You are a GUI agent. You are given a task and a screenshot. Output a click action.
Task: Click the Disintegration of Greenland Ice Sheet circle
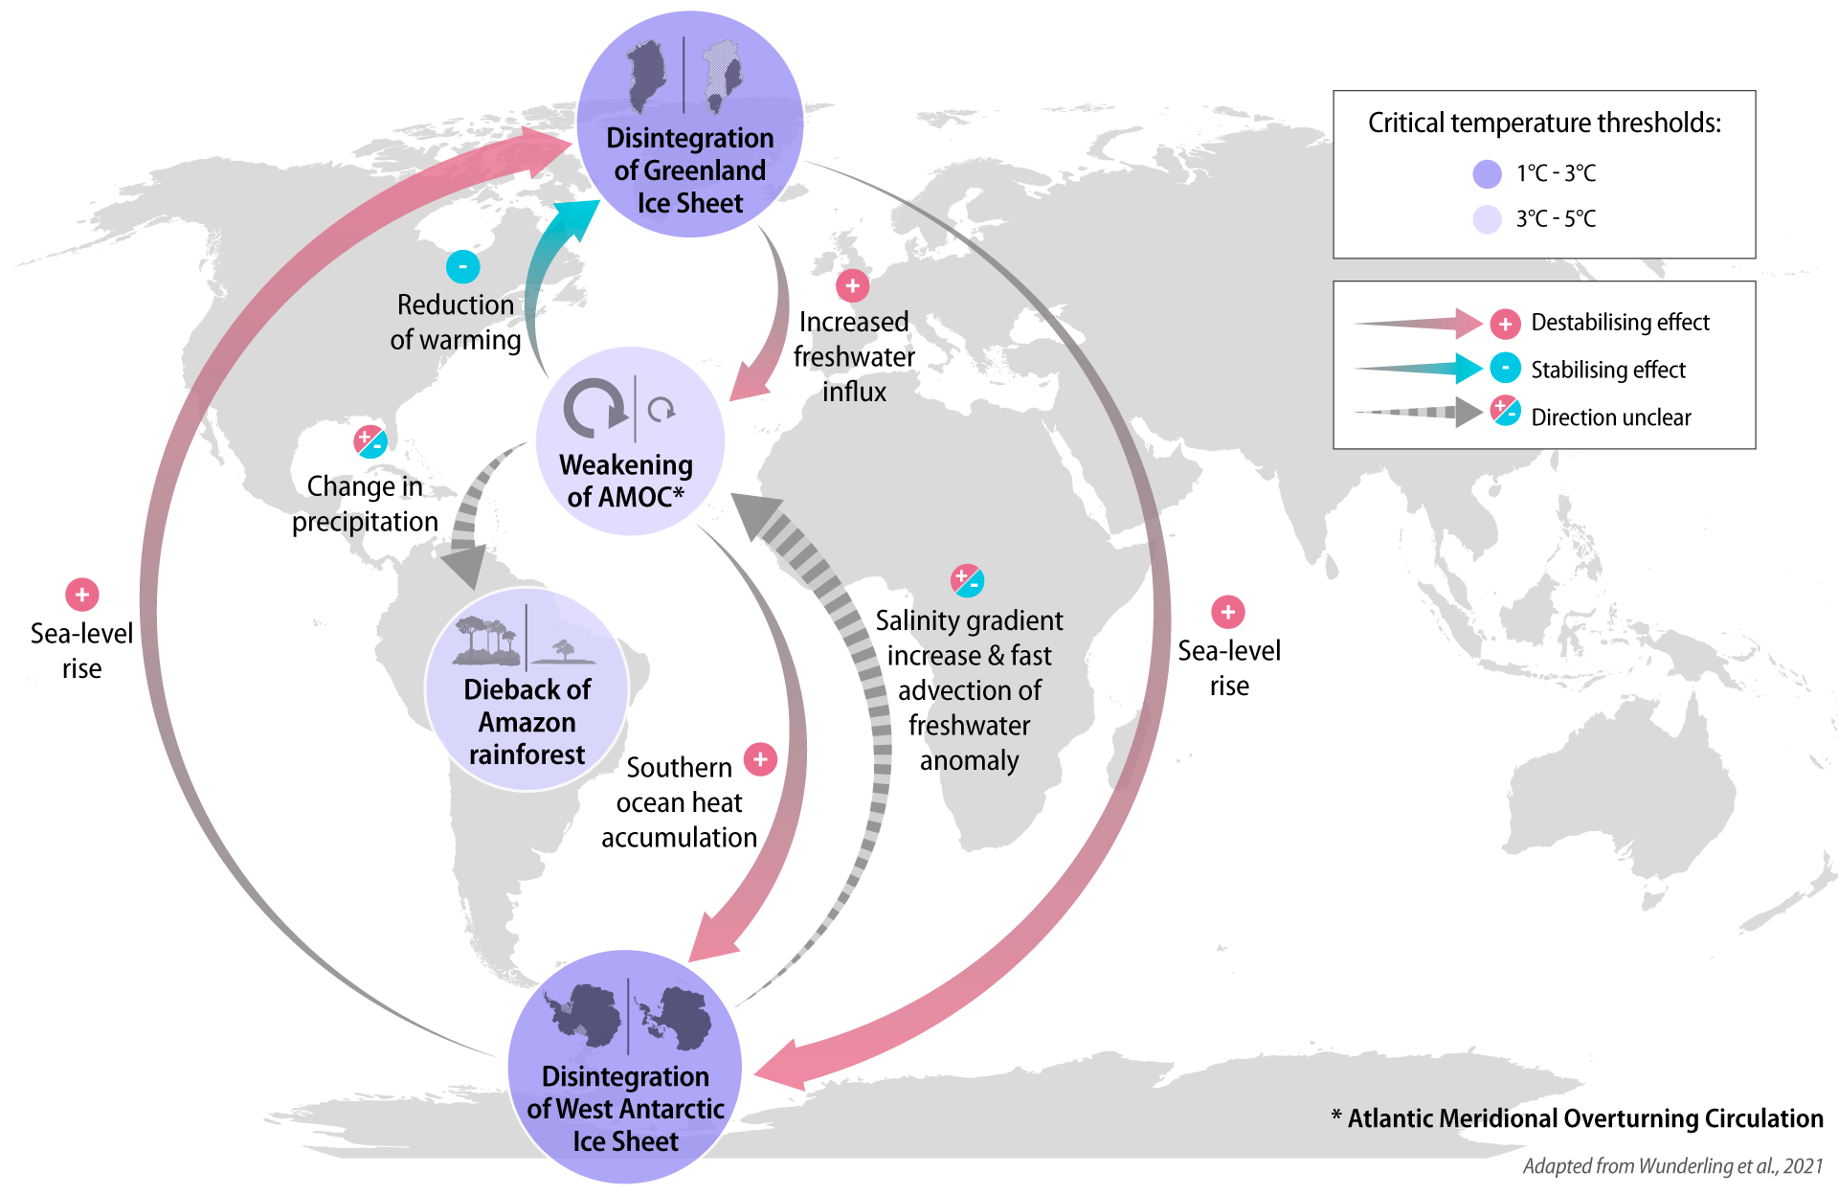point(689,124)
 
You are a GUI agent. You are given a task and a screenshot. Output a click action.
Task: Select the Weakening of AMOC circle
point(629,441)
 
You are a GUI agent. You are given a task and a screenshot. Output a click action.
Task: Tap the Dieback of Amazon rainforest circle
point(527,689)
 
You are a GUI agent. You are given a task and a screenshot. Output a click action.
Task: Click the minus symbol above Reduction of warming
point(462,266)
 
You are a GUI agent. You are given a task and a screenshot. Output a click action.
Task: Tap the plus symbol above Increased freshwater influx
point(852,285)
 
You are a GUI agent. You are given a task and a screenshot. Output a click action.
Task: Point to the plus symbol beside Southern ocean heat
point(760,759)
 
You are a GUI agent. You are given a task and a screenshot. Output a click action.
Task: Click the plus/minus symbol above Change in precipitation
point(370,441)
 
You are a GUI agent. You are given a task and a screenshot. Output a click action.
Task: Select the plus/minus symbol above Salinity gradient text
point(967,580)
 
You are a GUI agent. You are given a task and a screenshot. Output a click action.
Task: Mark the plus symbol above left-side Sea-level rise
point(82,595)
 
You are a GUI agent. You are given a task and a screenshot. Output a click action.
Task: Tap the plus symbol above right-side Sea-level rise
point(1227,612)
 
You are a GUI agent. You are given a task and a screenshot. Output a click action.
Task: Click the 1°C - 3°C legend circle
point(1487,174)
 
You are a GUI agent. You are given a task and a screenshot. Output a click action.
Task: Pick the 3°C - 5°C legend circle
point(1487,219)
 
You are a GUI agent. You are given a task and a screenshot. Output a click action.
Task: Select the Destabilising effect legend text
point(1620,323)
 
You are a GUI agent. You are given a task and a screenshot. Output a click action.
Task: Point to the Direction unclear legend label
point(1610,417)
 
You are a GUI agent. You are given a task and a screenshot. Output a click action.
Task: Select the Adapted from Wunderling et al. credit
point(1672,1166)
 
